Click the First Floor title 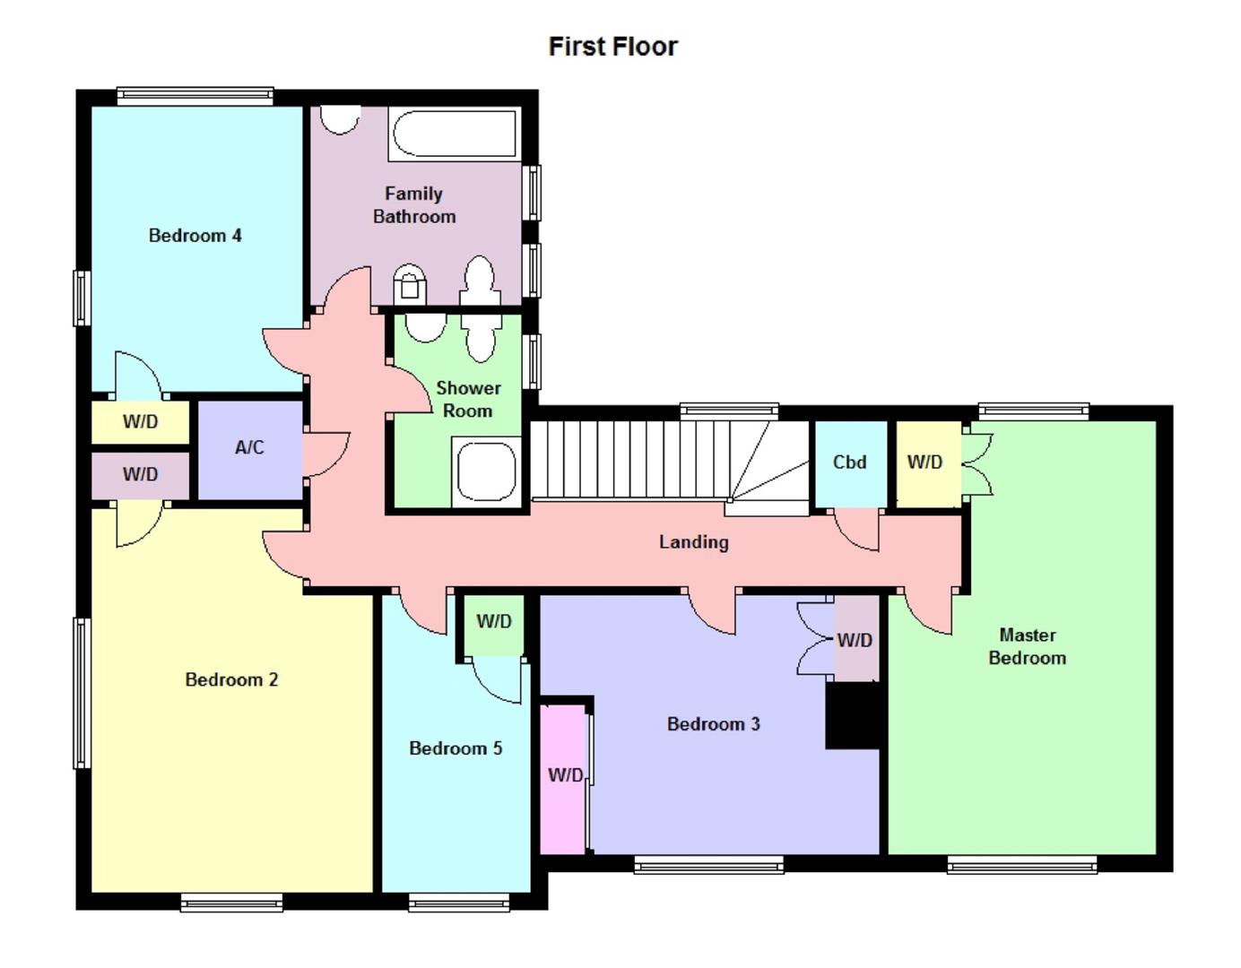(612, 47)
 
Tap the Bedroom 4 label (195, 236)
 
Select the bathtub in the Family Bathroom (456, 134)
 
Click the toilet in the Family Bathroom (409, 284)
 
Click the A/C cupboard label (249, 447)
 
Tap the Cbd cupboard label (849, 462)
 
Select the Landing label (693, 542)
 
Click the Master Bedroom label (1027, 646)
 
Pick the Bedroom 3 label (713, 724)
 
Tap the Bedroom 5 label (456, 748)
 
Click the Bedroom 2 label (231, 680)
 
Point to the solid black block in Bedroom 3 (853, 715)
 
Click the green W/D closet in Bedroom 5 (493, 622)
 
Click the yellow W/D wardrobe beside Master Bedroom (925, 462)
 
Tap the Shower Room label (468, 400)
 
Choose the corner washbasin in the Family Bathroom (340, 119)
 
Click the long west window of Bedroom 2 (81, 693)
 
